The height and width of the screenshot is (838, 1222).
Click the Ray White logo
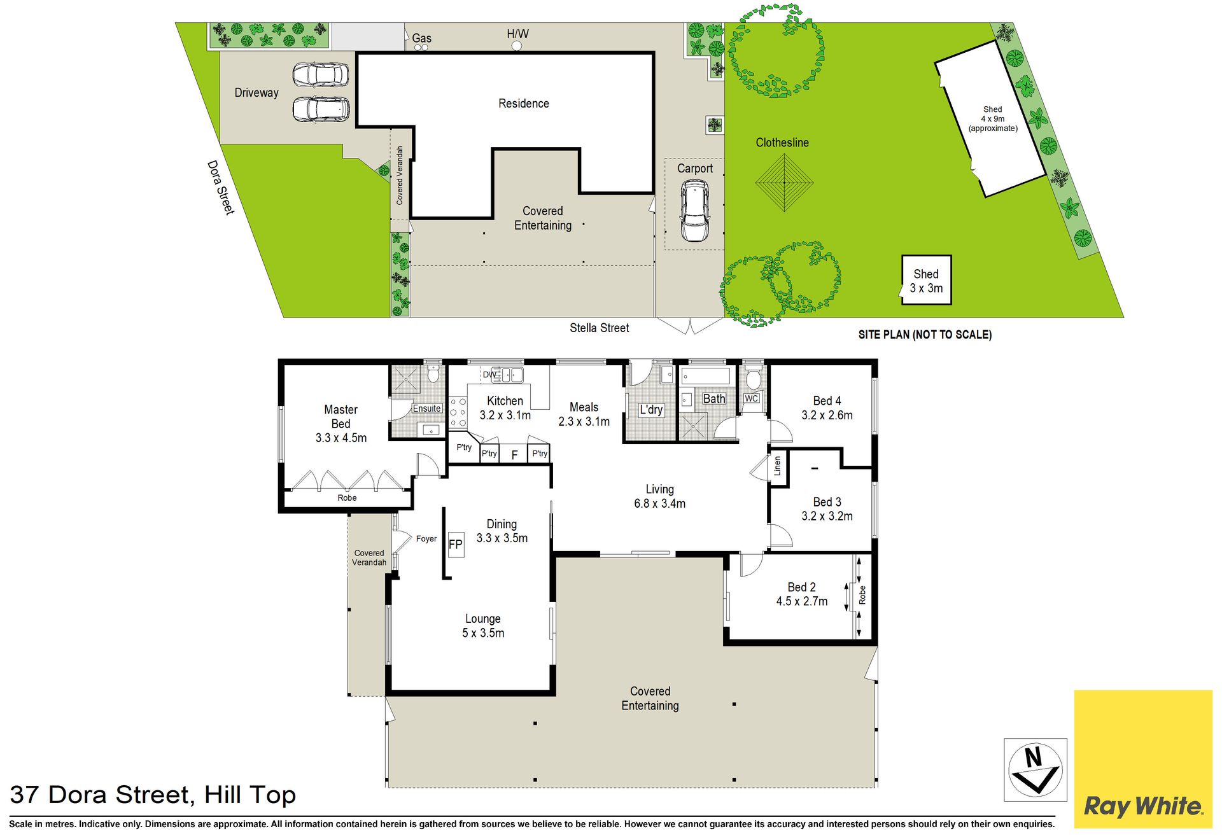click(x=1143, y=759)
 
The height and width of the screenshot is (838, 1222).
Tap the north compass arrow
click(x=1036, y=769)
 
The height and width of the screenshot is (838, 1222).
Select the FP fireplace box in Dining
click(x=456, y=545)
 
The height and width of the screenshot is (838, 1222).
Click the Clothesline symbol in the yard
click(x=784, y=183)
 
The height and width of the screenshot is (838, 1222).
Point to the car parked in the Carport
click(x=694, y=211)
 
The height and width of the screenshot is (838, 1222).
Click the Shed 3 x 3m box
click(x=927, y=281)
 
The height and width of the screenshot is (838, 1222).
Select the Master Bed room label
click(x=341, y=417)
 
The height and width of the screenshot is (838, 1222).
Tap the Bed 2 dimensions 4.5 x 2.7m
click(x=802, y=601)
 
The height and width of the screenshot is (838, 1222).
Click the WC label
click(x=752, y=398)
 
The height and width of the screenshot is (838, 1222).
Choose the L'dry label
click(x=651, y=410)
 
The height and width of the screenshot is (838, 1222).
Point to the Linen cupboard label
click(x=777, y=466)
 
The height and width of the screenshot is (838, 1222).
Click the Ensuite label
click(x=426, y=409)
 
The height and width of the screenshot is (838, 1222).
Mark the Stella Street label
click(x=600, y=328)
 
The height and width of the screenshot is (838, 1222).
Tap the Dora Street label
click(x=221, y=188)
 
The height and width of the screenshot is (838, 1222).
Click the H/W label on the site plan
click(x=517, y=34)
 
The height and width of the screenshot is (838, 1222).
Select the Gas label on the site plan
click(x=421, y=38)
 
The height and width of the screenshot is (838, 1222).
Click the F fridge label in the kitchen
click(x=514, y=454)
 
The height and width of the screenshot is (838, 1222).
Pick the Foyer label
click(x=426, y=538)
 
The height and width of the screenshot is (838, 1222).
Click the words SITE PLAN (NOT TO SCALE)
click(x=925, y=335)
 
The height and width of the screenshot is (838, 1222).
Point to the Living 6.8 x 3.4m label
click(x=659, y=496)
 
